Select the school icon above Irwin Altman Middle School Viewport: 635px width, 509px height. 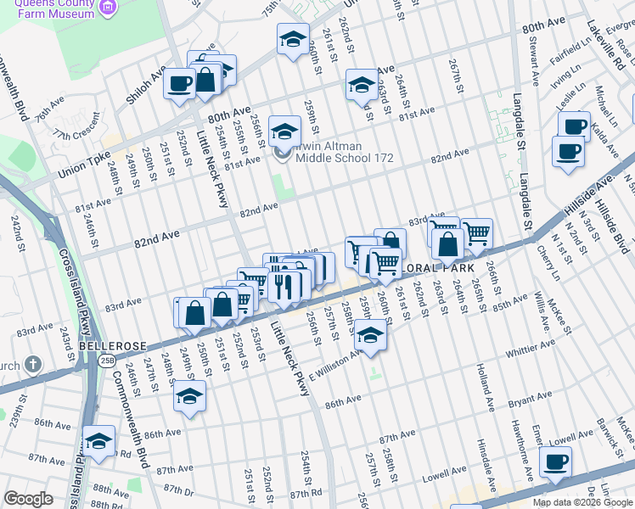tap(284, 131)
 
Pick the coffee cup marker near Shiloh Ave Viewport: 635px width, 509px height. tap(179, 83)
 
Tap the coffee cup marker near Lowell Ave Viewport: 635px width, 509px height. tap(556, 461)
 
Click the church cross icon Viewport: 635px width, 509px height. tap(33, 366)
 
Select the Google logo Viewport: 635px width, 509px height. tap(29, 499)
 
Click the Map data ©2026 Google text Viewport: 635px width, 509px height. tap(582, 502)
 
